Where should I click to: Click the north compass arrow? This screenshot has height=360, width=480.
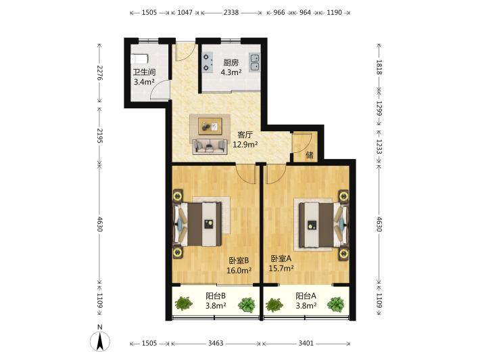click(100, 341)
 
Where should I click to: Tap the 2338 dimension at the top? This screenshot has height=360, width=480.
click(231, 13)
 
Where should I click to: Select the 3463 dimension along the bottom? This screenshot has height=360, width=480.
click(216, 343)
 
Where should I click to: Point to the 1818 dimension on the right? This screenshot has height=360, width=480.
click(379, 67)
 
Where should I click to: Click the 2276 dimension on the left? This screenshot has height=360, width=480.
click(99, 72)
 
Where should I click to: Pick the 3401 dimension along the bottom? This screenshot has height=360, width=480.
click(306, 343)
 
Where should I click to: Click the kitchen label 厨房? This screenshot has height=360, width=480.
click(231, 63)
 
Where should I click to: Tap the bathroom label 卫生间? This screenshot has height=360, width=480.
click(144, 72)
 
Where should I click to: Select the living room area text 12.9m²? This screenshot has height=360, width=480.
click(245, 144)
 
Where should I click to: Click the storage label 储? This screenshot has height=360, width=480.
click(310, 155)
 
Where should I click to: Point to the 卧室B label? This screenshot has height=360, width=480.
click(239, 261)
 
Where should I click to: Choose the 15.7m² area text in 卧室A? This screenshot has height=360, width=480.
click(281, 269)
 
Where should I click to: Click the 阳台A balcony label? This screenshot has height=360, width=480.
click(306, 296)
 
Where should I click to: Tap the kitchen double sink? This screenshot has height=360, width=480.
click(254, 62)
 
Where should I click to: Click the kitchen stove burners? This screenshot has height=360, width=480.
click(208, 62)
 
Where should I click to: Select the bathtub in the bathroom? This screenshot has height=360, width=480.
click(139, 59)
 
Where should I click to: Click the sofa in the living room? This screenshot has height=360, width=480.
click(210, 146)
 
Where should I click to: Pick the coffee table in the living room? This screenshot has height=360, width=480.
click(210, 126)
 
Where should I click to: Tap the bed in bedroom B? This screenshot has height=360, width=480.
click(198, 224)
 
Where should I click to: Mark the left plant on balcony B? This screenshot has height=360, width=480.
click(184, 303)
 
